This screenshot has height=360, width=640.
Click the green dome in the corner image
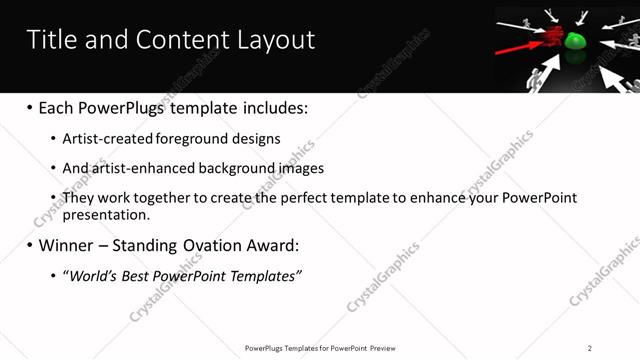pos(575,42)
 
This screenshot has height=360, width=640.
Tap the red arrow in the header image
pos(517,45)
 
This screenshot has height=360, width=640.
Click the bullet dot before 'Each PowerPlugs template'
pos(30,108)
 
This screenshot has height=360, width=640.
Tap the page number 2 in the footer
pos(590,348)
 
